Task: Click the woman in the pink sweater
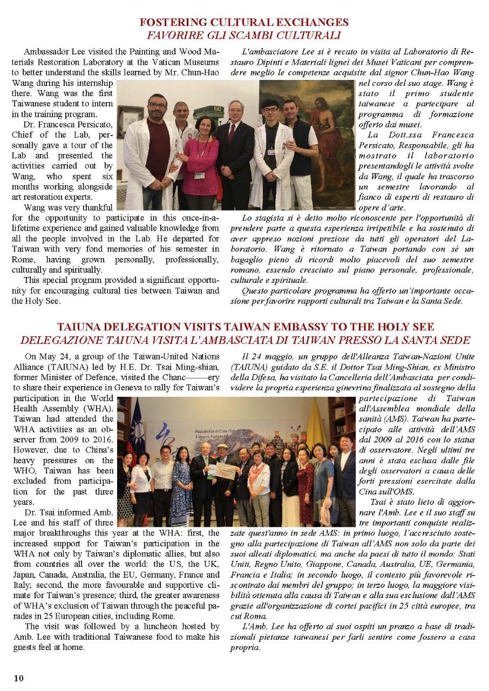(x=200, y=162)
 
